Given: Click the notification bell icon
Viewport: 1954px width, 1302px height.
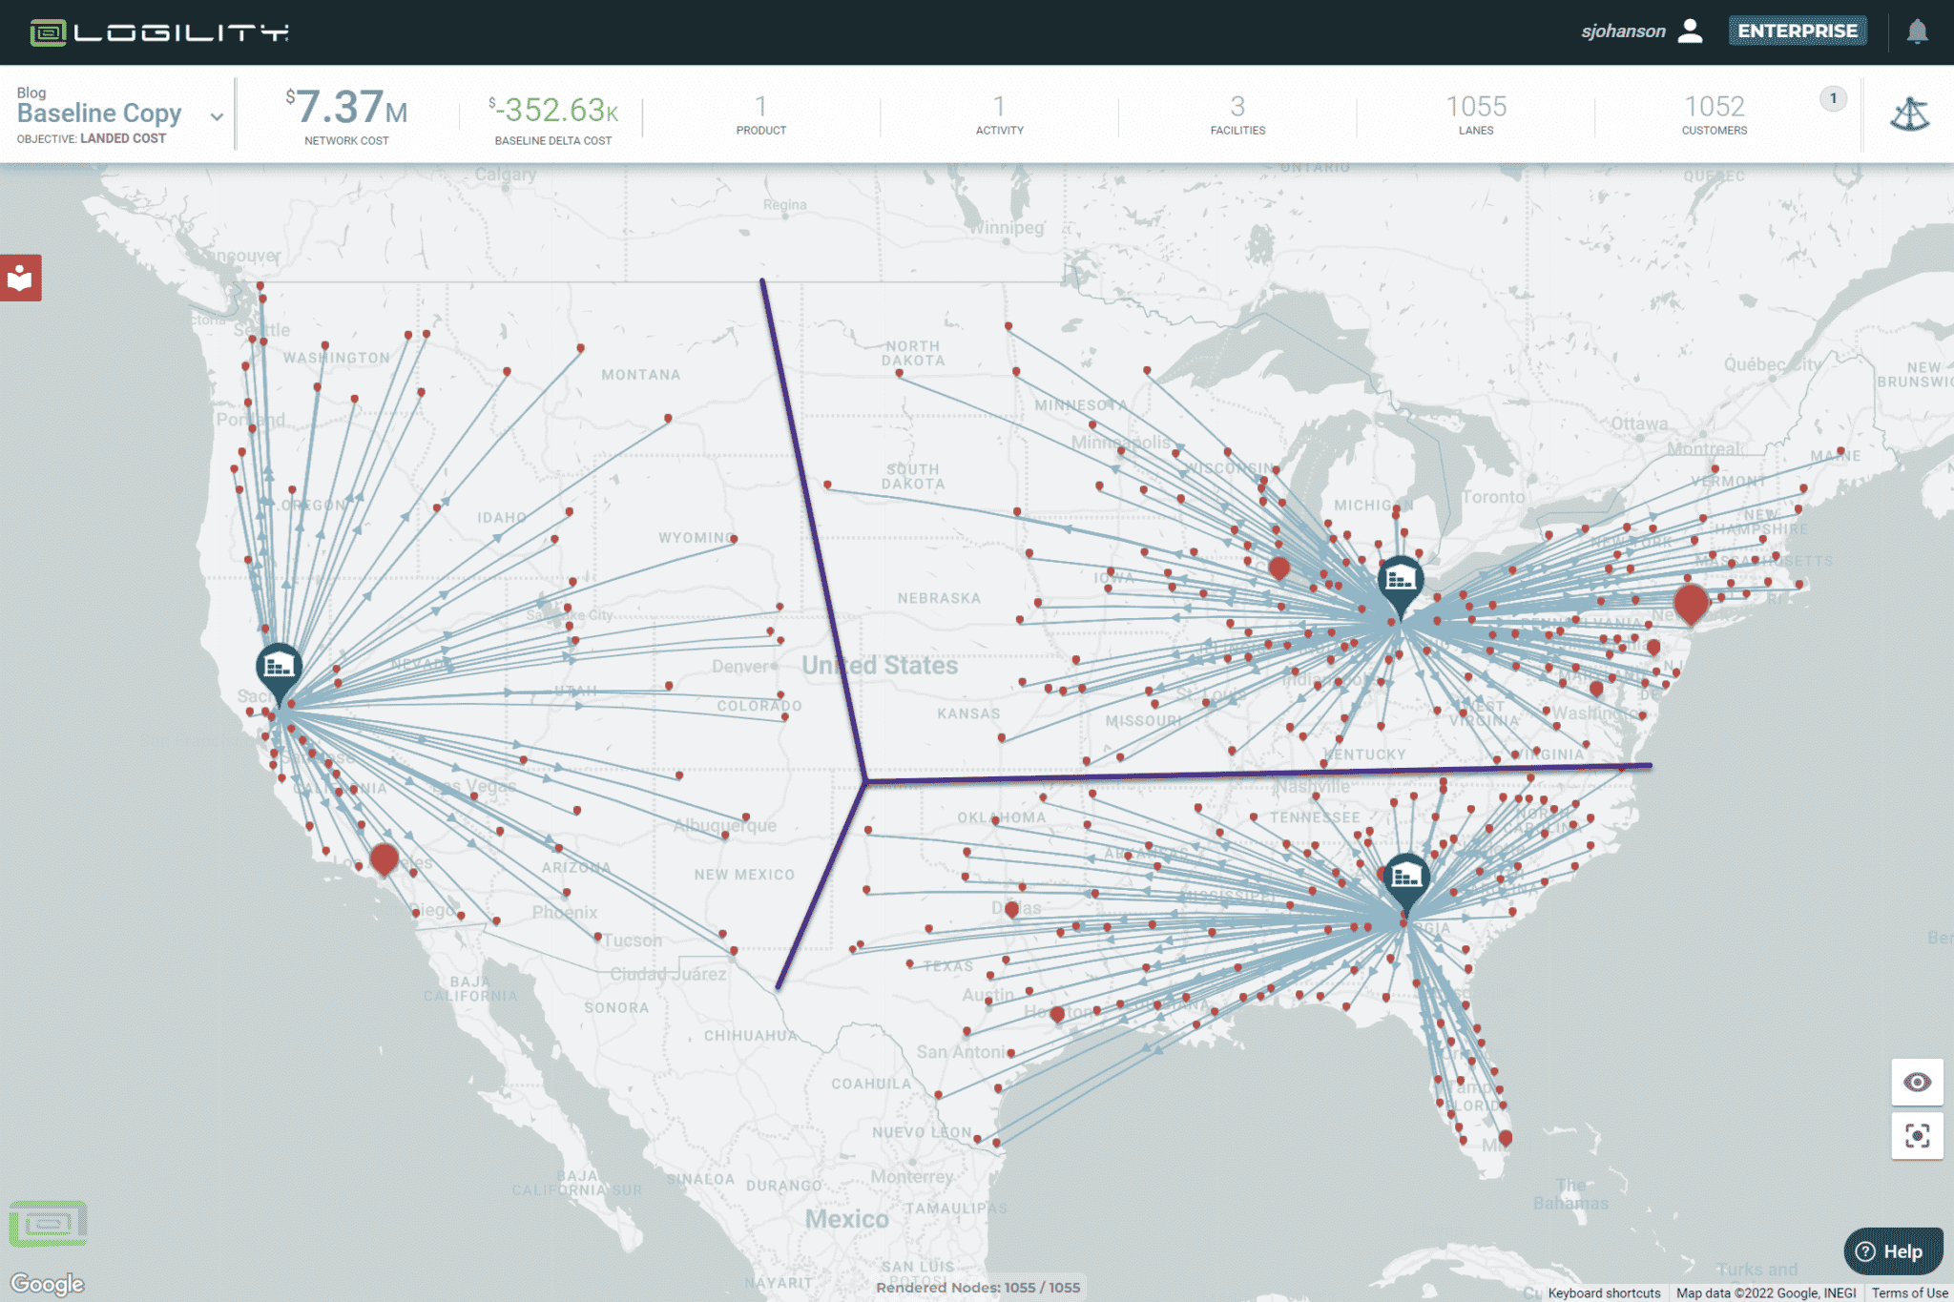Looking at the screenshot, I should point(1917,31).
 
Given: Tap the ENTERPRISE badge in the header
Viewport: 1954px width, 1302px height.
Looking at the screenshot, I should point(1798,31).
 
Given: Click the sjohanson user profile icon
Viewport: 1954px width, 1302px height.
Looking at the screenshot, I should point(1690,31).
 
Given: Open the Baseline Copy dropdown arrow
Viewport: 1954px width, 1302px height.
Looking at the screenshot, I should point(217,116).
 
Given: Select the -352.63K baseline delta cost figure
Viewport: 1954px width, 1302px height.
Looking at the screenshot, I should point(553,110).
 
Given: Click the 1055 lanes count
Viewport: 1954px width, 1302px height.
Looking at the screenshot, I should point(1475,106).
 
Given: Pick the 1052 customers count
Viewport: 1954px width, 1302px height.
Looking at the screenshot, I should point(1714,106).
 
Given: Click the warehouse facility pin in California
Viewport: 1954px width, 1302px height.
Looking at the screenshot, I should point(279,667).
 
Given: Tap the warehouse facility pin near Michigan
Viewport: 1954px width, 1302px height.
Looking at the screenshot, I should point(1400,579).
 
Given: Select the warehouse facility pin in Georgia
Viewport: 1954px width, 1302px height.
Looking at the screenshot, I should point(1405,877).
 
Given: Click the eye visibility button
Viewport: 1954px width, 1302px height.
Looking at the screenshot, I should point(1917,1082).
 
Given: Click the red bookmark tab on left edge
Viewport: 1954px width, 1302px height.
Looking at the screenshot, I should point(20,278).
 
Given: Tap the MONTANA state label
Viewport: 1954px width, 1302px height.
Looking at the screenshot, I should point(640,375).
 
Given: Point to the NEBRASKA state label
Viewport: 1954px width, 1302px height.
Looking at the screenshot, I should point(938,598).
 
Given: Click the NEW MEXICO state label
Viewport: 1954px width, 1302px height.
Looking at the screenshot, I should point(744,875).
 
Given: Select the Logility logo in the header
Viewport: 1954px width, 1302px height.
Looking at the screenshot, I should point(159,32).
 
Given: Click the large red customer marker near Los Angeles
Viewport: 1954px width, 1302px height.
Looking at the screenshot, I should point(384,858).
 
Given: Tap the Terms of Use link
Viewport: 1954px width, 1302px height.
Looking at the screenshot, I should point(1909,1293).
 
